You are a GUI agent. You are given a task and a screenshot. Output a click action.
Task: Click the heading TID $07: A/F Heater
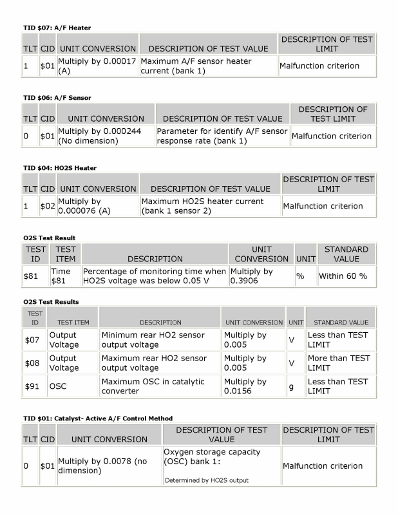(x=57, y=28)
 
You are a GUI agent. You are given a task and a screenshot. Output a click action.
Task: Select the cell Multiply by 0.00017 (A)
(x=97, y=66)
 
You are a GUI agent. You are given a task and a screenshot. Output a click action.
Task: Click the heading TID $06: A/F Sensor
(x=57, y=98)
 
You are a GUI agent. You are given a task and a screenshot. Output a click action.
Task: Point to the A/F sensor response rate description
(x=222, y=136)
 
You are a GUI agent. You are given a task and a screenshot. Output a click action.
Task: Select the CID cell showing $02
(x=47, y=206)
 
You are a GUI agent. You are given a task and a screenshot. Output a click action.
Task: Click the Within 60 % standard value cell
(x=343, y=276)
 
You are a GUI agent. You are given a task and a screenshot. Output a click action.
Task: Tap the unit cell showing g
(x=291, y=386)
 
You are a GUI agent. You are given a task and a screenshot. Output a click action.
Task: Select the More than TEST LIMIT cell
(x=339, y=363)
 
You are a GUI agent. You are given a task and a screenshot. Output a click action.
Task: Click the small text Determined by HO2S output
(x=206, y=480)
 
